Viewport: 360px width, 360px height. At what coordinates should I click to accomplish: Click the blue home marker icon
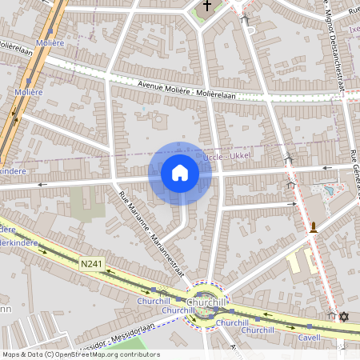pyautogui.click(x=180, y=173)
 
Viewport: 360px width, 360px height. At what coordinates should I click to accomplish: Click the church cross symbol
pyautogui.click(x=207, y=6)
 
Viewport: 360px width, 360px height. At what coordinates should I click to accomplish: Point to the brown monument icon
pyautogui.click(x=314, y=227)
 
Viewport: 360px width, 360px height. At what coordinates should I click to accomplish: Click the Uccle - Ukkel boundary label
pyautogui.click(x=228, y=157)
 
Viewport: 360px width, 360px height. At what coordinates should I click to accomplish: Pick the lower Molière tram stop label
pyautogui.click(x=28, y=92)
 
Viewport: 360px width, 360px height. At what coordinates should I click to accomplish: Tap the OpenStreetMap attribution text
pyautogui.click(x=81, y=354)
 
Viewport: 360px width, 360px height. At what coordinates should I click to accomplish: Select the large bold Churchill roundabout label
pyautogui.click(x=209, y=303)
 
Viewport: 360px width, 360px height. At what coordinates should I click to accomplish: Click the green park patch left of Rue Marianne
pyautogui.click(x=86, y=202)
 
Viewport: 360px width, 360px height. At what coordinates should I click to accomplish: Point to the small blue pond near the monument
pyautogui.click(x=327, y=192)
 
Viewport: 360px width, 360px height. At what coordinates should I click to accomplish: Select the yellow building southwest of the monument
pyautogui.click(x=295, y=260)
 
